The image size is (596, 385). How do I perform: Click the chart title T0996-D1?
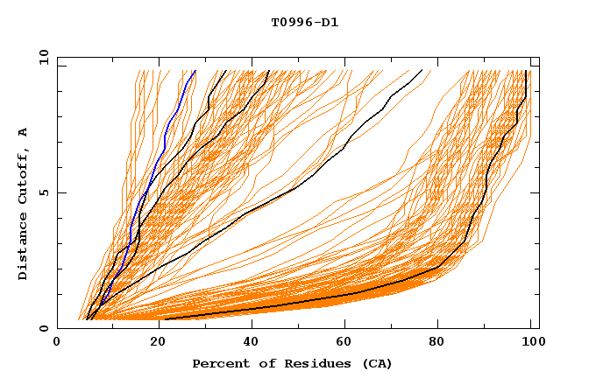pos(304,22)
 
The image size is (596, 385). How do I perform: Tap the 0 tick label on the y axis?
pos(44,328)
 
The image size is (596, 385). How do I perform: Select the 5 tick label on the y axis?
pos(44,192)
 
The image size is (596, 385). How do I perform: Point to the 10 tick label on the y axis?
pos(41,57)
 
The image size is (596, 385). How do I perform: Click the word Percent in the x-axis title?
pos(217,363)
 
